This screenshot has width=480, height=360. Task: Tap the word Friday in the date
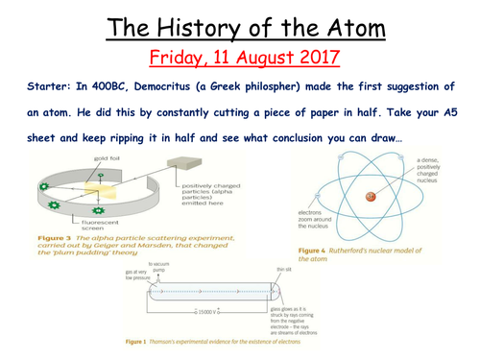(x=171, y=57)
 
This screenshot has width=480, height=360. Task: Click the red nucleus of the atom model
(x=368, y=197)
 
